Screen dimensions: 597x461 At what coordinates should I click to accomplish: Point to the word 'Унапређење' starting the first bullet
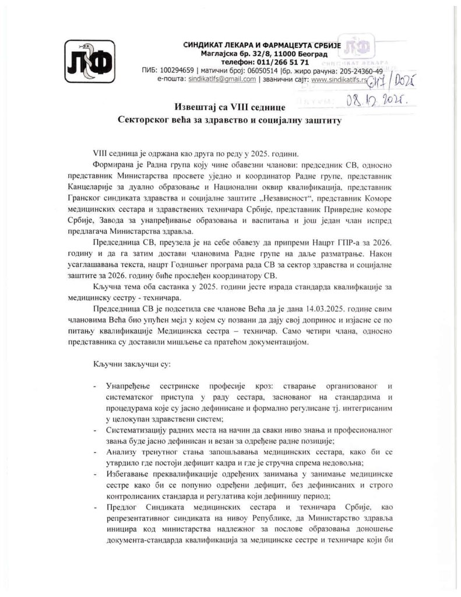pyautogui.click(x=129, y=387)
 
